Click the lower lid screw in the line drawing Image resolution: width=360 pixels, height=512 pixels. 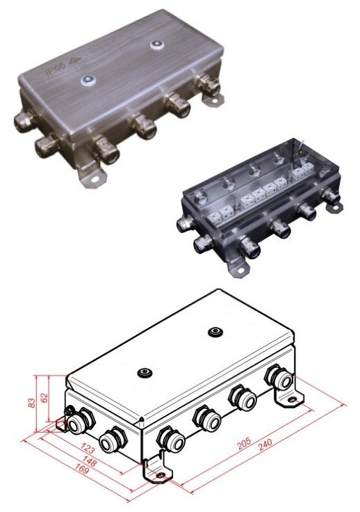tap(145, 373)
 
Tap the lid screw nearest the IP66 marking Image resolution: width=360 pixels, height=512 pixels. tap(88, 80)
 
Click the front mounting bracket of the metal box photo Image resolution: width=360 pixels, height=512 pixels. tap(90, 179)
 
